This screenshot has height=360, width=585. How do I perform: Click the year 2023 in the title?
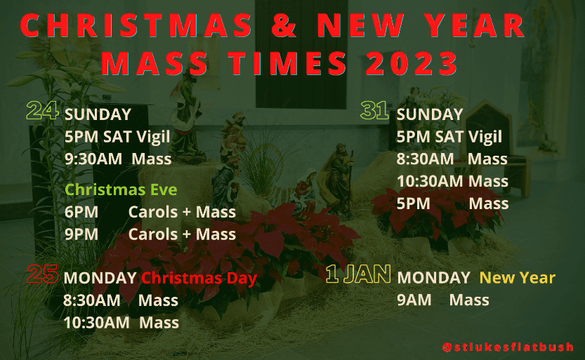(x=412, y=62)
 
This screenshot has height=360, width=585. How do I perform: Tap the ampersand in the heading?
(x=284, y=25)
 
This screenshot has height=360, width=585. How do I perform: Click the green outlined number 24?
(x=43, y=110)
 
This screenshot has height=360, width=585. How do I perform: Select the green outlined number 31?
(x=374, y=110)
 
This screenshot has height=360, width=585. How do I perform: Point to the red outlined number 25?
(x=43, y=274)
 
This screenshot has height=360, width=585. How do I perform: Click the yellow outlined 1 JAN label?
(x=358, y=274)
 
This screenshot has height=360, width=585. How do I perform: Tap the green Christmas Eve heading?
(x=121, y=189)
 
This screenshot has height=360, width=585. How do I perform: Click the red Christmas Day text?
(x=199, y=279)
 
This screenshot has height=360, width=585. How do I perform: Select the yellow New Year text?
(x=518, y=278)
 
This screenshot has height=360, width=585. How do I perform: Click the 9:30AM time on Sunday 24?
(x=93, y=159)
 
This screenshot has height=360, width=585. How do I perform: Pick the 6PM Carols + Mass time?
(x=81, y=212)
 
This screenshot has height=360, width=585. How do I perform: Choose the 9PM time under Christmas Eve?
(x=81, y=234)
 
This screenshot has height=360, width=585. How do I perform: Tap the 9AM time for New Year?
(x=414, y=300)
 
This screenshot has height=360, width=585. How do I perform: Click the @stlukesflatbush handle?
(x=508, y=347)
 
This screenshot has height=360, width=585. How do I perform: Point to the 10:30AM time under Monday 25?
(x=96, y=323)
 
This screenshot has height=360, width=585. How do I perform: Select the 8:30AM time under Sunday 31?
(x=426, y=159)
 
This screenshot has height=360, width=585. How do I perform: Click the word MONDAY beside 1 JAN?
(x=433, y=278)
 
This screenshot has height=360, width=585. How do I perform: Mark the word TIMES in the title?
(x=288, y=62)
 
